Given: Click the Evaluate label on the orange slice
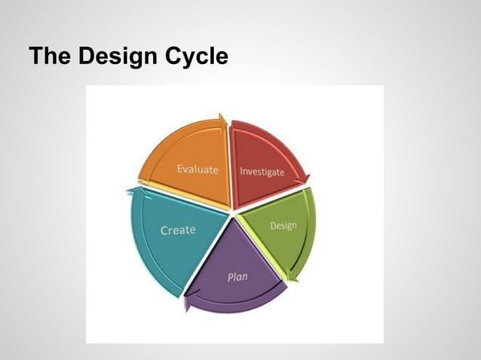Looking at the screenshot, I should pos(198,169).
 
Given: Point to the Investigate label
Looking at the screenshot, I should pos(262,172).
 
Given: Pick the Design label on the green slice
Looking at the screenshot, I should pos(283,225).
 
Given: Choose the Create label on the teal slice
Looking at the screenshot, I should pos(178,230).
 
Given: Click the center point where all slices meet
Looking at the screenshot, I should pos(231,212).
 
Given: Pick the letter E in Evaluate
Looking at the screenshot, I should pos(179,169).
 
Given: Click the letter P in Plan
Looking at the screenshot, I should pos(230,277).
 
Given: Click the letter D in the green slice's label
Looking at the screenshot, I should pos(273,226).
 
